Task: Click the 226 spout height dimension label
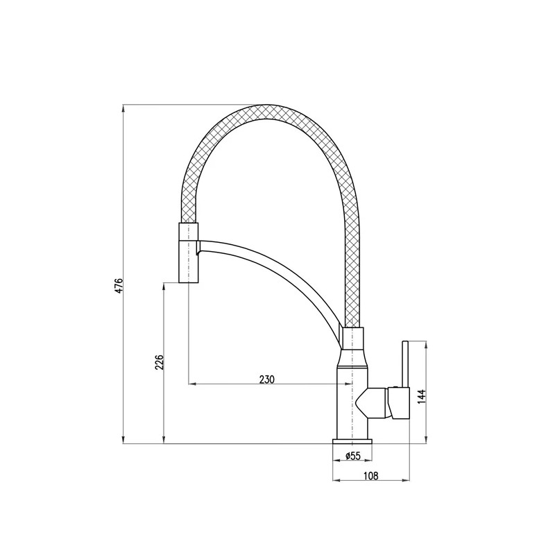(x=160, y=362)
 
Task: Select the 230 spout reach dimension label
(x=267, y=379)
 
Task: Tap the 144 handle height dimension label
(x=421, y=397)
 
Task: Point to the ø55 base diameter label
(x=352, y=456)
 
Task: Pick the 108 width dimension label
(x=371, y=476)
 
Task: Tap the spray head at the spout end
(x=189, y=253)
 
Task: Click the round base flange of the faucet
(x=352, y=441)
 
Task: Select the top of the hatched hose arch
(x=266, y=112)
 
